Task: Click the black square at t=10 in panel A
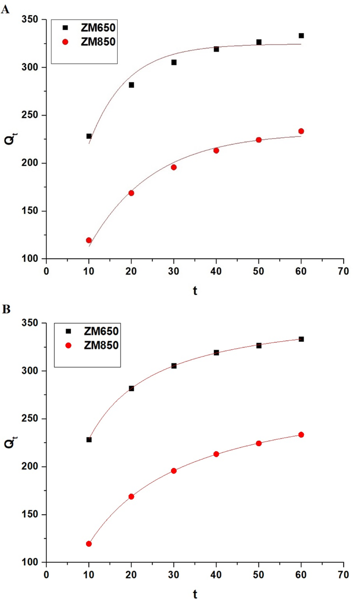coord(89,136)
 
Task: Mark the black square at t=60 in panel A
coord(301,36)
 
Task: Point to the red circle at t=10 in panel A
coord(89,240)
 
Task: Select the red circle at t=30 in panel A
coord(174,167)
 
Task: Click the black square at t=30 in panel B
coord(174,365)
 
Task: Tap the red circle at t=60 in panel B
coord(301,435)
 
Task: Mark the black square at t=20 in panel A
coord(131,85)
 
